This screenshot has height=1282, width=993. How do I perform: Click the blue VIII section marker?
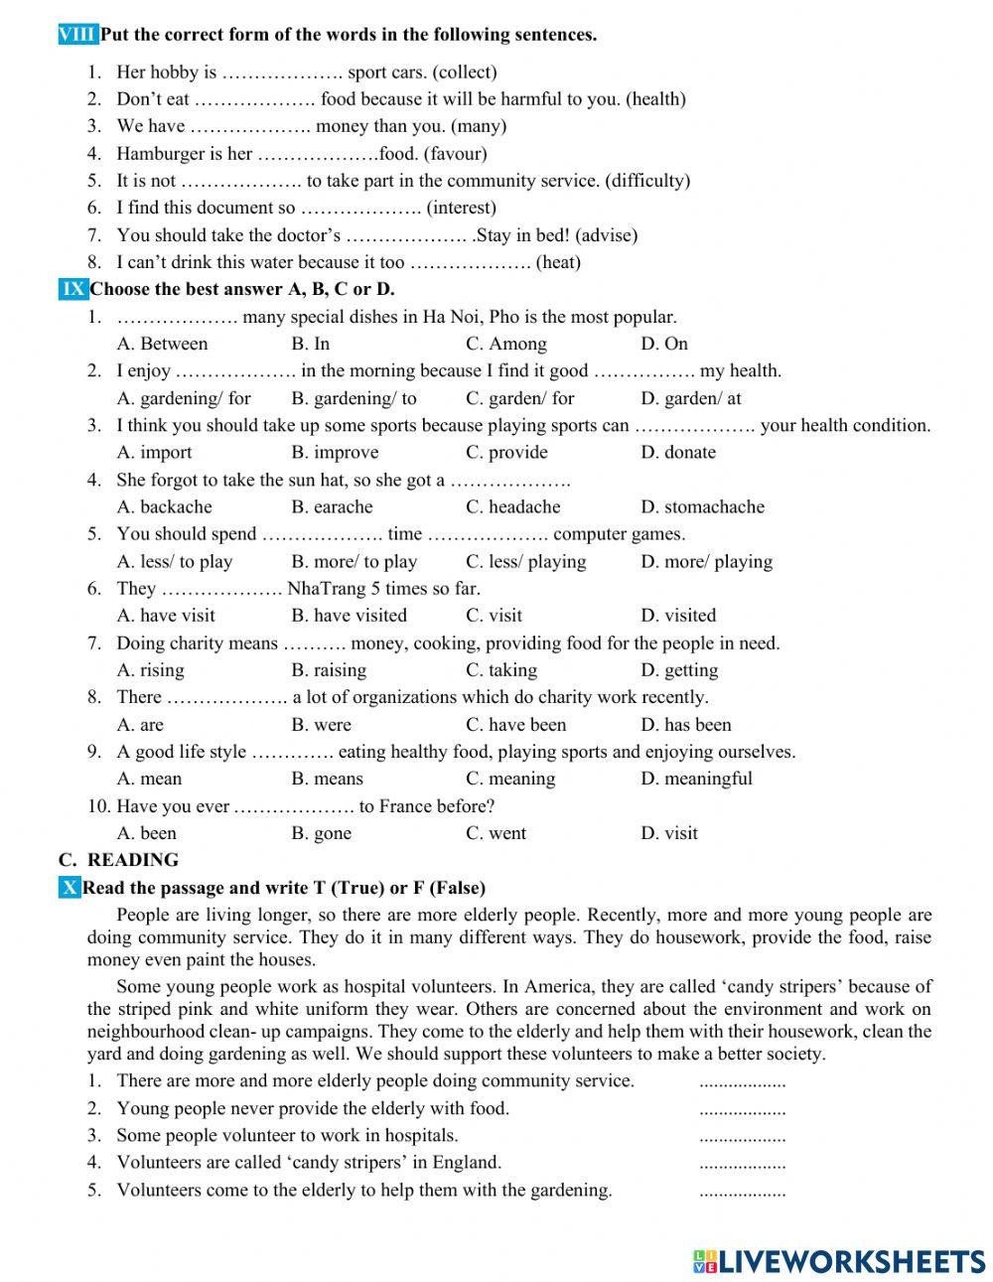78,35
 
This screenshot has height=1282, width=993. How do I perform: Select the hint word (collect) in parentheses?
465,71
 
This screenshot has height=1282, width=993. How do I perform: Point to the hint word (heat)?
558,262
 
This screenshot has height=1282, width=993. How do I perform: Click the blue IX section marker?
73,289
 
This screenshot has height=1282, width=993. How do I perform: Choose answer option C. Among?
506,344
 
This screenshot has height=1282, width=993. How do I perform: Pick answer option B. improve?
335,452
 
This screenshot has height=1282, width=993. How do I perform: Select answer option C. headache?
513,506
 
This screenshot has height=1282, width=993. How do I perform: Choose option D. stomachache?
702,506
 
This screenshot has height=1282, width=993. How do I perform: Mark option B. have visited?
349,615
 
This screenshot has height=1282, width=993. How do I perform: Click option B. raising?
329,669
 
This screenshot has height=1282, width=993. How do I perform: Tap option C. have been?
515,724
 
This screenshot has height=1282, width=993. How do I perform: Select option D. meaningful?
696,779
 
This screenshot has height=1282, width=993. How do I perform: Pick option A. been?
147,833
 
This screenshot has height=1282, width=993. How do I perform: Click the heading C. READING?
118,860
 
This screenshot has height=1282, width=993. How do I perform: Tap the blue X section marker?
70,888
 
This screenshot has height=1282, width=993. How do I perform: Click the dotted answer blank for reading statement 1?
742,1083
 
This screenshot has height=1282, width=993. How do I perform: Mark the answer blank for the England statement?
742,1165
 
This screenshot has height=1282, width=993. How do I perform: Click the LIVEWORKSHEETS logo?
838,1261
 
